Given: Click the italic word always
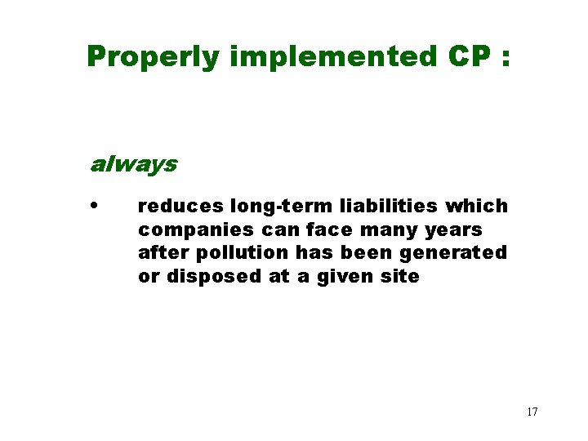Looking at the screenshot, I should pos(132,164).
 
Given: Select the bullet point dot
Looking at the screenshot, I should pos(96,205).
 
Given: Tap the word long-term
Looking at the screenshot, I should pos(278,206).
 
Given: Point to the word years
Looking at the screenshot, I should pos(453,230).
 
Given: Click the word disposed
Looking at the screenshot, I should pos(214,277).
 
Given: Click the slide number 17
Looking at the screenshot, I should pos(532,412).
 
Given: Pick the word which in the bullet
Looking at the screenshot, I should pos(476,206).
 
